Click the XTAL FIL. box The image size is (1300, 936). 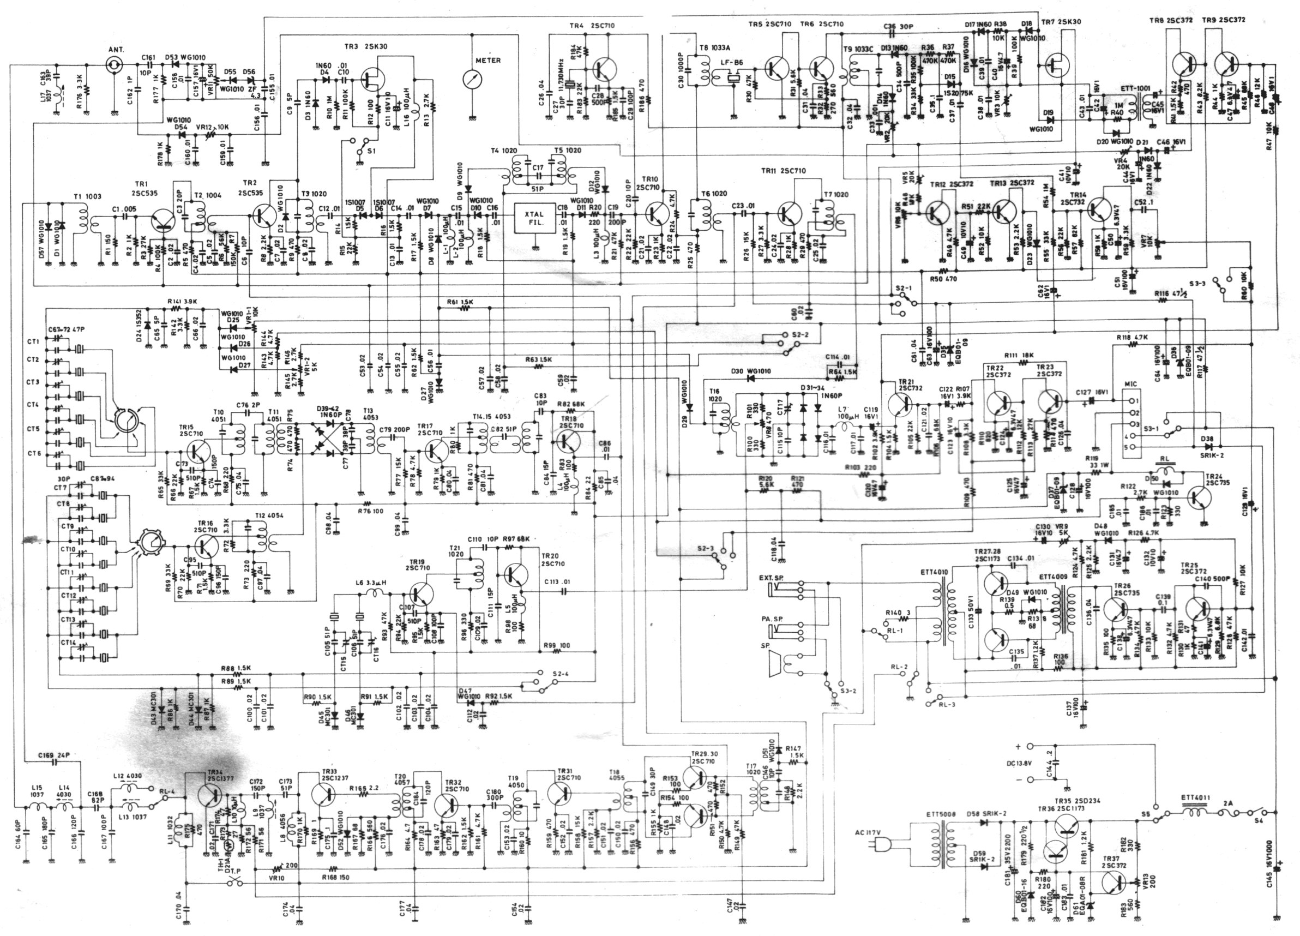(536, 218)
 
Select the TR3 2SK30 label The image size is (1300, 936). (366, 47)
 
